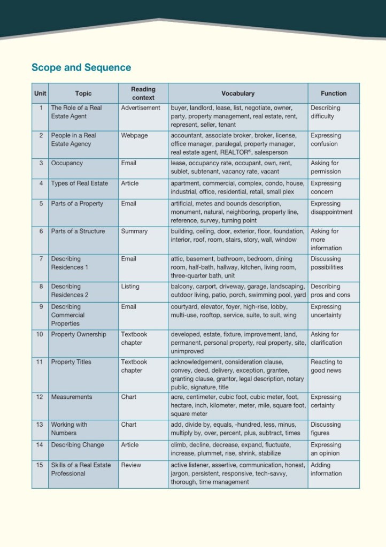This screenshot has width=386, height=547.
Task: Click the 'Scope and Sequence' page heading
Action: (81, 67)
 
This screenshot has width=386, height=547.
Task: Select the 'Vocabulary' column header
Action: (238, 94)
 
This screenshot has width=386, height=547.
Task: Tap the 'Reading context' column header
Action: (143, 94)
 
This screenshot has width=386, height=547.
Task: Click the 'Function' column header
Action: (334, 94)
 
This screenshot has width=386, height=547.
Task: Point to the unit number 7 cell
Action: (41, 259)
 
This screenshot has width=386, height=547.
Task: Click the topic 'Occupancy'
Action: (67, 163)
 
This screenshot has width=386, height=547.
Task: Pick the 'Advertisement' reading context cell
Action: (141, 107)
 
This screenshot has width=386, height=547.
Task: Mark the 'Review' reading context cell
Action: (131, 465)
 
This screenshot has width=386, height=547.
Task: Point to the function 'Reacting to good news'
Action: (327, 366)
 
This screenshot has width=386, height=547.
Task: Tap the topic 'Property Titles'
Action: (71, 362)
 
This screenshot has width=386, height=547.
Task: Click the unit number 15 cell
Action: (40, 465)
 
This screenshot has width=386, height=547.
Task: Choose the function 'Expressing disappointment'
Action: (331, 207)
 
